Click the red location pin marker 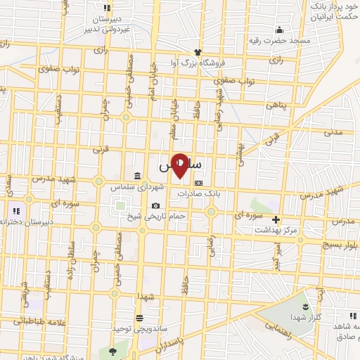click(x=180, y=165)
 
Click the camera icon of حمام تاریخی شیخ click(x=155, y=205)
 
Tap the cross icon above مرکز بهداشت click(x=276, y=219)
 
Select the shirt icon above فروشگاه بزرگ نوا click(x=198, y=52)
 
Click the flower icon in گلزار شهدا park click(x=304, y=307)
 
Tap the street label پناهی click(x=276, y=104)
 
